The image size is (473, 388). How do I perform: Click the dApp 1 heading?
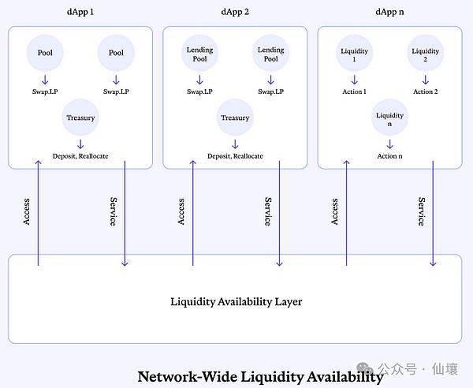coord(80,12)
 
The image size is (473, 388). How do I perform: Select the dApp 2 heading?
coord(235,12)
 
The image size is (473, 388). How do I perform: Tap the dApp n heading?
coord(389,12)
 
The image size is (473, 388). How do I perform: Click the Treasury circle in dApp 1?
coord(80,118)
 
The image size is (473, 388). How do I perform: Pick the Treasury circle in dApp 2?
coord(235,118)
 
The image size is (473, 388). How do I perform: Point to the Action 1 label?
coord(354,91)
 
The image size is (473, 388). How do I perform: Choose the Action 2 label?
coord(425,91)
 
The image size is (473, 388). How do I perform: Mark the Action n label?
coord(389,155)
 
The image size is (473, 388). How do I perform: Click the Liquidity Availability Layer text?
coord(236,301)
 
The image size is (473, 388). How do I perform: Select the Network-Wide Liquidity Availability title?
coord(260,376)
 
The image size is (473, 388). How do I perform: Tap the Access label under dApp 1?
coord(27,211)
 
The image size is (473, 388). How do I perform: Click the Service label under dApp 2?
coord(268,211)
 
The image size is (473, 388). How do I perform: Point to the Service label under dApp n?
coord(422,211)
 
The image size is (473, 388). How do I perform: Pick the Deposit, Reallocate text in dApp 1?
coord(80,155)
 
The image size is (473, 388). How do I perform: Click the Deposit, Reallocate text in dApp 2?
coord(235,155)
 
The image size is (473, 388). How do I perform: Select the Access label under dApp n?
coord(335,211)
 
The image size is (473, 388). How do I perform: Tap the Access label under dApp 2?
coord(181,211)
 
